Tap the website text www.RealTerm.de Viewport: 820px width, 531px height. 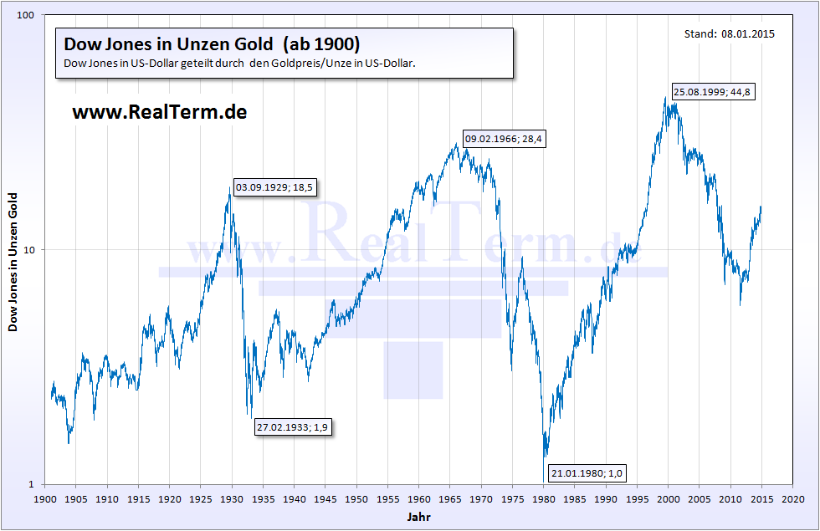click(160, 112)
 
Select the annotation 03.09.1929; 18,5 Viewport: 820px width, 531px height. click(274, 187)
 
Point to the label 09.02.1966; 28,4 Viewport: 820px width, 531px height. click(504, 139)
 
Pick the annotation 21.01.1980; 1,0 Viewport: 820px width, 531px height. click(587, 474)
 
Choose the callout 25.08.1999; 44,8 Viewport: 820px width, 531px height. click(713, 93)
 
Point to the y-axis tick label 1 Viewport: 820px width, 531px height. click(35, 484)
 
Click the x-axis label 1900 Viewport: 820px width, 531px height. click(45, 498)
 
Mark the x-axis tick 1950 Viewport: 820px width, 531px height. click(357, 498)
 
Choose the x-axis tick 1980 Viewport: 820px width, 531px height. click(545, 498)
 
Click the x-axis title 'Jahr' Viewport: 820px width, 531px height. click(419, 518)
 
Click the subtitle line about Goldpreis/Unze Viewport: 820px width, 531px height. click(240, 64)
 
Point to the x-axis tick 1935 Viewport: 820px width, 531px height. click(264, 498)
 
